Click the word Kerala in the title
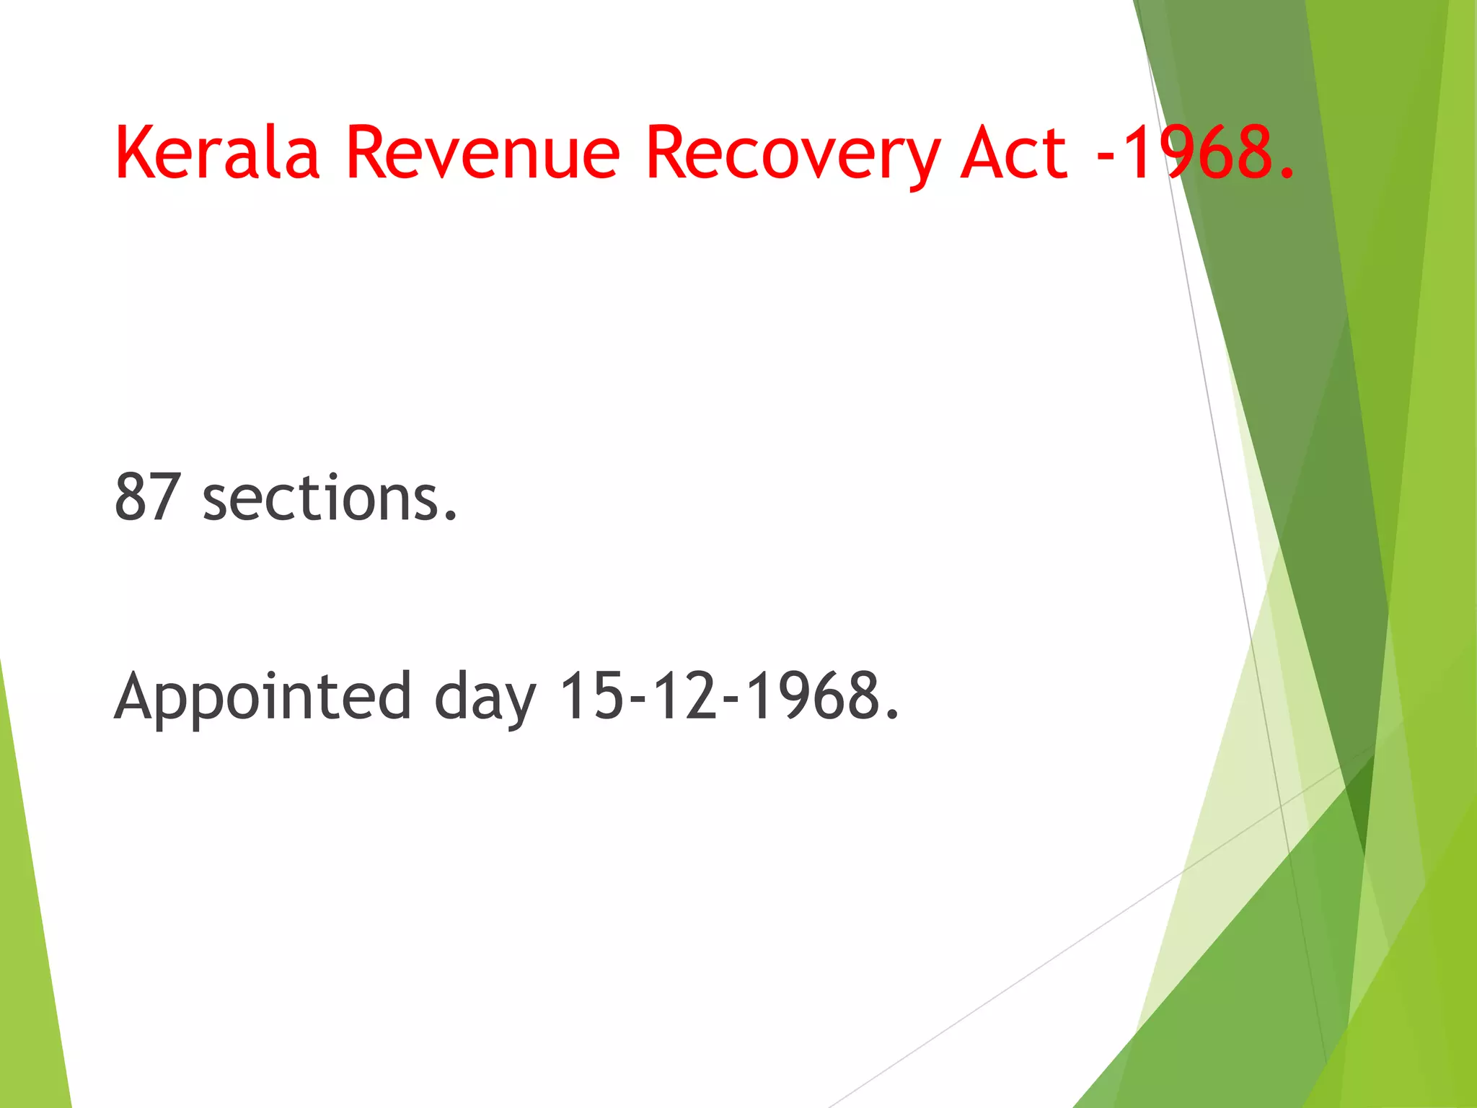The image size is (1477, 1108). pyautogui.click(x=216, y=152)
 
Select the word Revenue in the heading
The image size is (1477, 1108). pyautogui.click(x=482, y=152)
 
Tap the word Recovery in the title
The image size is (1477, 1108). pyautogui.click(x=792, y=152)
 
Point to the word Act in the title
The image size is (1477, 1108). pyautogui.click(x=1013, y=152)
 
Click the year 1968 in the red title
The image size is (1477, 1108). pyautogui.click(x=1197, y=152)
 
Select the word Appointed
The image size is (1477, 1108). pyautogui.click(x=263, y=697)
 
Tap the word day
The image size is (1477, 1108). pyautogui.click(x=485, y=697)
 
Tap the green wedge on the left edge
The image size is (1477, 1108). pyautogui.click(x=29, y=938)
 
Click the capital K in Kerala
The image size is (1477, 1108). pyautogui.click(x=136, y=152)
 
